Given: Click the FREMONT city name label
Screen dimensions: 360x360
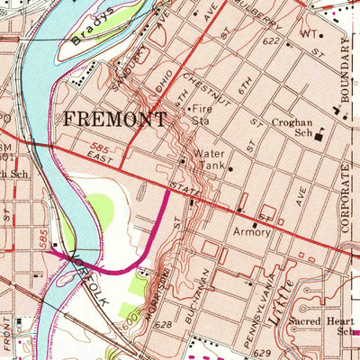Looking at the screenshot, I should click(113, 119).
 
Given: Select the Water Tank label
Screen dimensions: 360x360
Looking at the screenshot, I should click(207, 159).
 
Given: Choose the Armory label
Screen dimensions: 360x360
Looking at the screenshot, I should click(251, 231).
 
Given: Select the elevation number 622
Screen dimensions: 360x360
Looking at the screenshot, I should click(272, 41).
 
